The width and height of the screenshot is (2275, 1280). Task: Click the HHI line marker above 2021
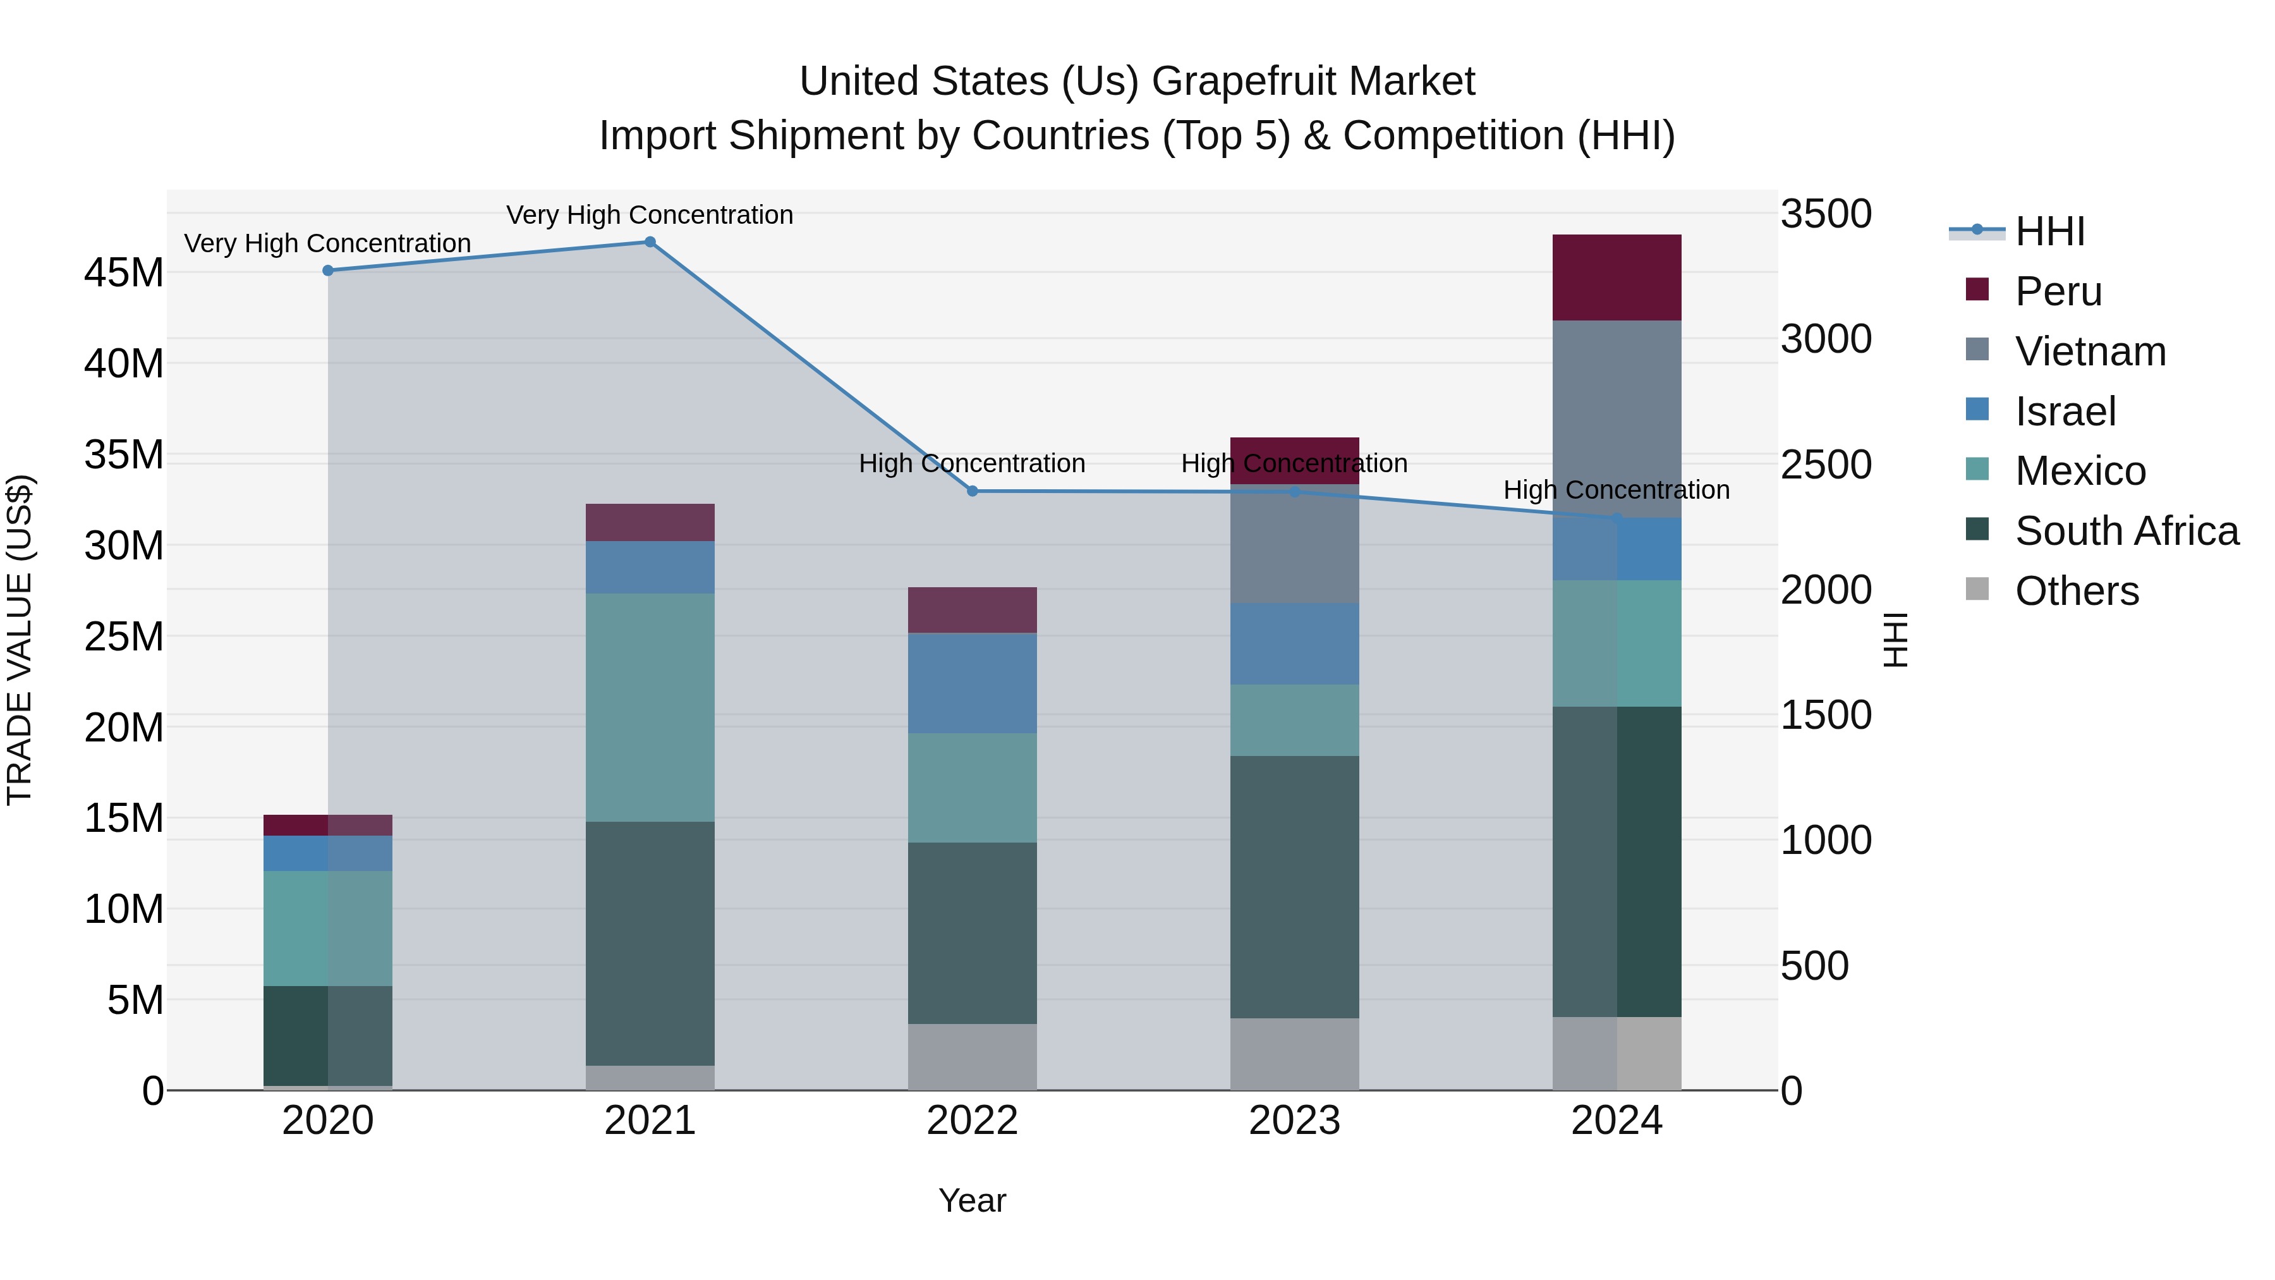point(650,242)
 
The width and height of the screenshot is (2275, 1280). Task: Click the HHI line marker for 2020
point(327,271)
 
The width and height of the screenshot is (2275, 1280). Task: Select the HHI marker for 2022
point(973,491)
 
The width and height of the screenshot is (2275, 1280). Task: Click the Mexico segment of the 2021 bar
point(650,707)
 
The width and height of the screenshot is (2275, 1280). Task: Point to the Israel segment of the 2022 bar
point(973,683)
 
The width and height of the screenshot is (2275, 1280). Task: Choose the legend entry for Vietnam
point(2090,351)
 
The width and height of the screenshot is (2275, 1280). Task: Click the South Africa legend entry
point(2126,531)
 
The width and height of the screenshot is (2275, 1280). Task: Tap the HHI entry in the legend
point(2049,231)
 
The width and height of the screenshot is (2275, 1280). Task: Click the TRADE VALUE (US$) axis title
point(20,640)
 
